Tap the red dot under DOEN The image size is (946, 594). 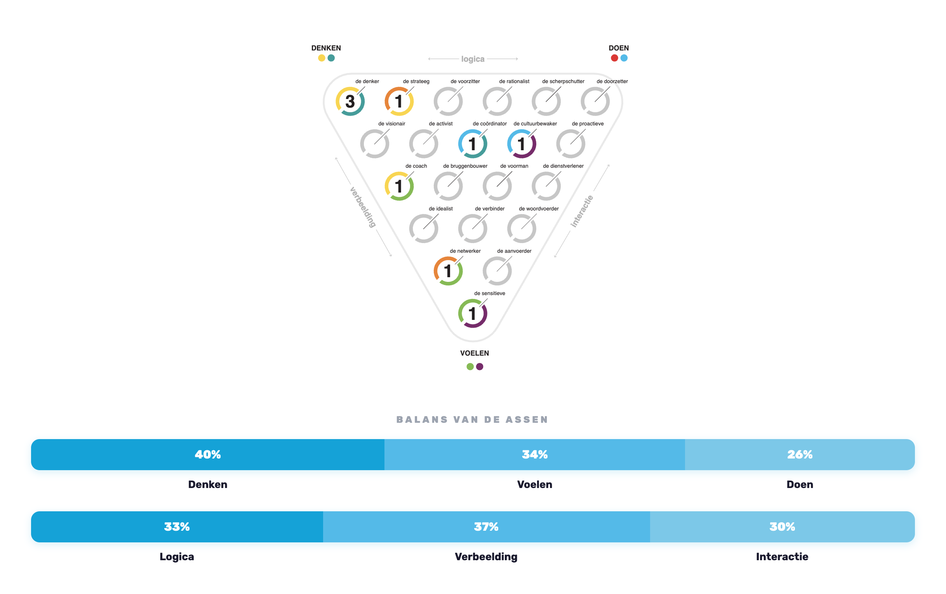[614, 58]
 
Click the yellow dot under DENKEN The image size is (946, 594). [322, 58]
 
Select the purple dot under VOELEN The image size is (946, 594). [480, 366]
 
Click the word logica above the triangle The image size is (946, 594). [473, 59]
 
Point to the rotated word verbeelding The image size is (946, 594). [363, 207]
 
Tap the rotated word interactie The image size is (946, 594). [582, 211]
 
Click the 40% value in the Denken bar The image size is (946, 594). [208, 455]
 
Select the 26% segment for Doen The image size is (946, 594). [800, 455]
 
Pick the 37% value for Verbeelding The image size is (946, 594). [486, 527]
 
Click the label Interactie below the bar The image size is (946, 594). [782, 557]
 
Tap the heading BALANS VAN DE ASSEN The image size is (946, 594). [473, 420]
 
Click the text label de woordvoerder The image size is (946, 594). [539, 208]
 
